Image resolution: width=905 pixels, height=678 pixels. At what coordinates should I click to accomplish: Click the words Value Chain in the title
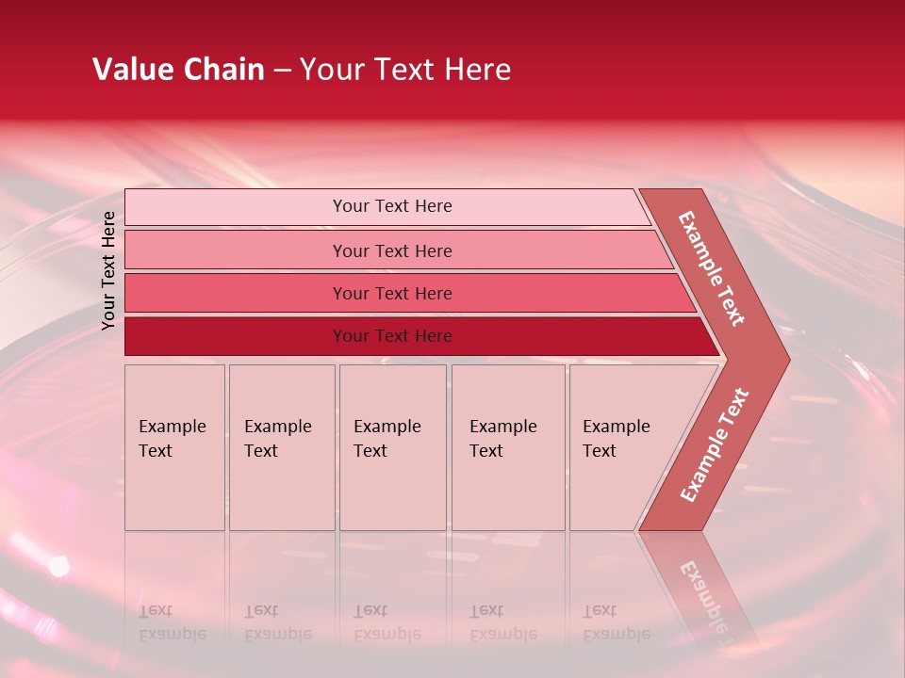click(x=178, y=70)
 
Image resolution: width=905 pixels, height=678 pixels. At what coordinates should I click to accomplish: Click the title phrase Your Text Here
click(x=405, y=70)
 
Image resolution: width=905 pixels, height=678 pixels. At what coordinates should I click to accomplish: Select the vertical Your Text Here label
click(x=108, y=270)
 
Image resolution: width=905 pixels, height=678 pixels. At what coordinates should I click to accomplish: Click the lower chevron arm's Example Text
click(x=714, y=445)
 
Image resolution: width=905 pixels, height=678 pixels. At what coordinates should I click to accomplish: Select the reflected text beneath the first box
click(x=172, y=622)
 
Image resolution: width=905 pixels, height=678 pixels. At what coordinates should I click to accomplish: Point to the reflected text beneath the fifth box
click(x=616, y=622)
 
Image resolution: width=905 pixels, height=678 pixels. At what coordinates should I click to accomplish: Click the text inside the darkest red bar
click(x=392, y=336)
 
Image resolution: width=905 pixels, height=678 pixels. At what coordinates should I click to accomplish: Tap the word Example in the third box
click(x=387, y=427)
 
